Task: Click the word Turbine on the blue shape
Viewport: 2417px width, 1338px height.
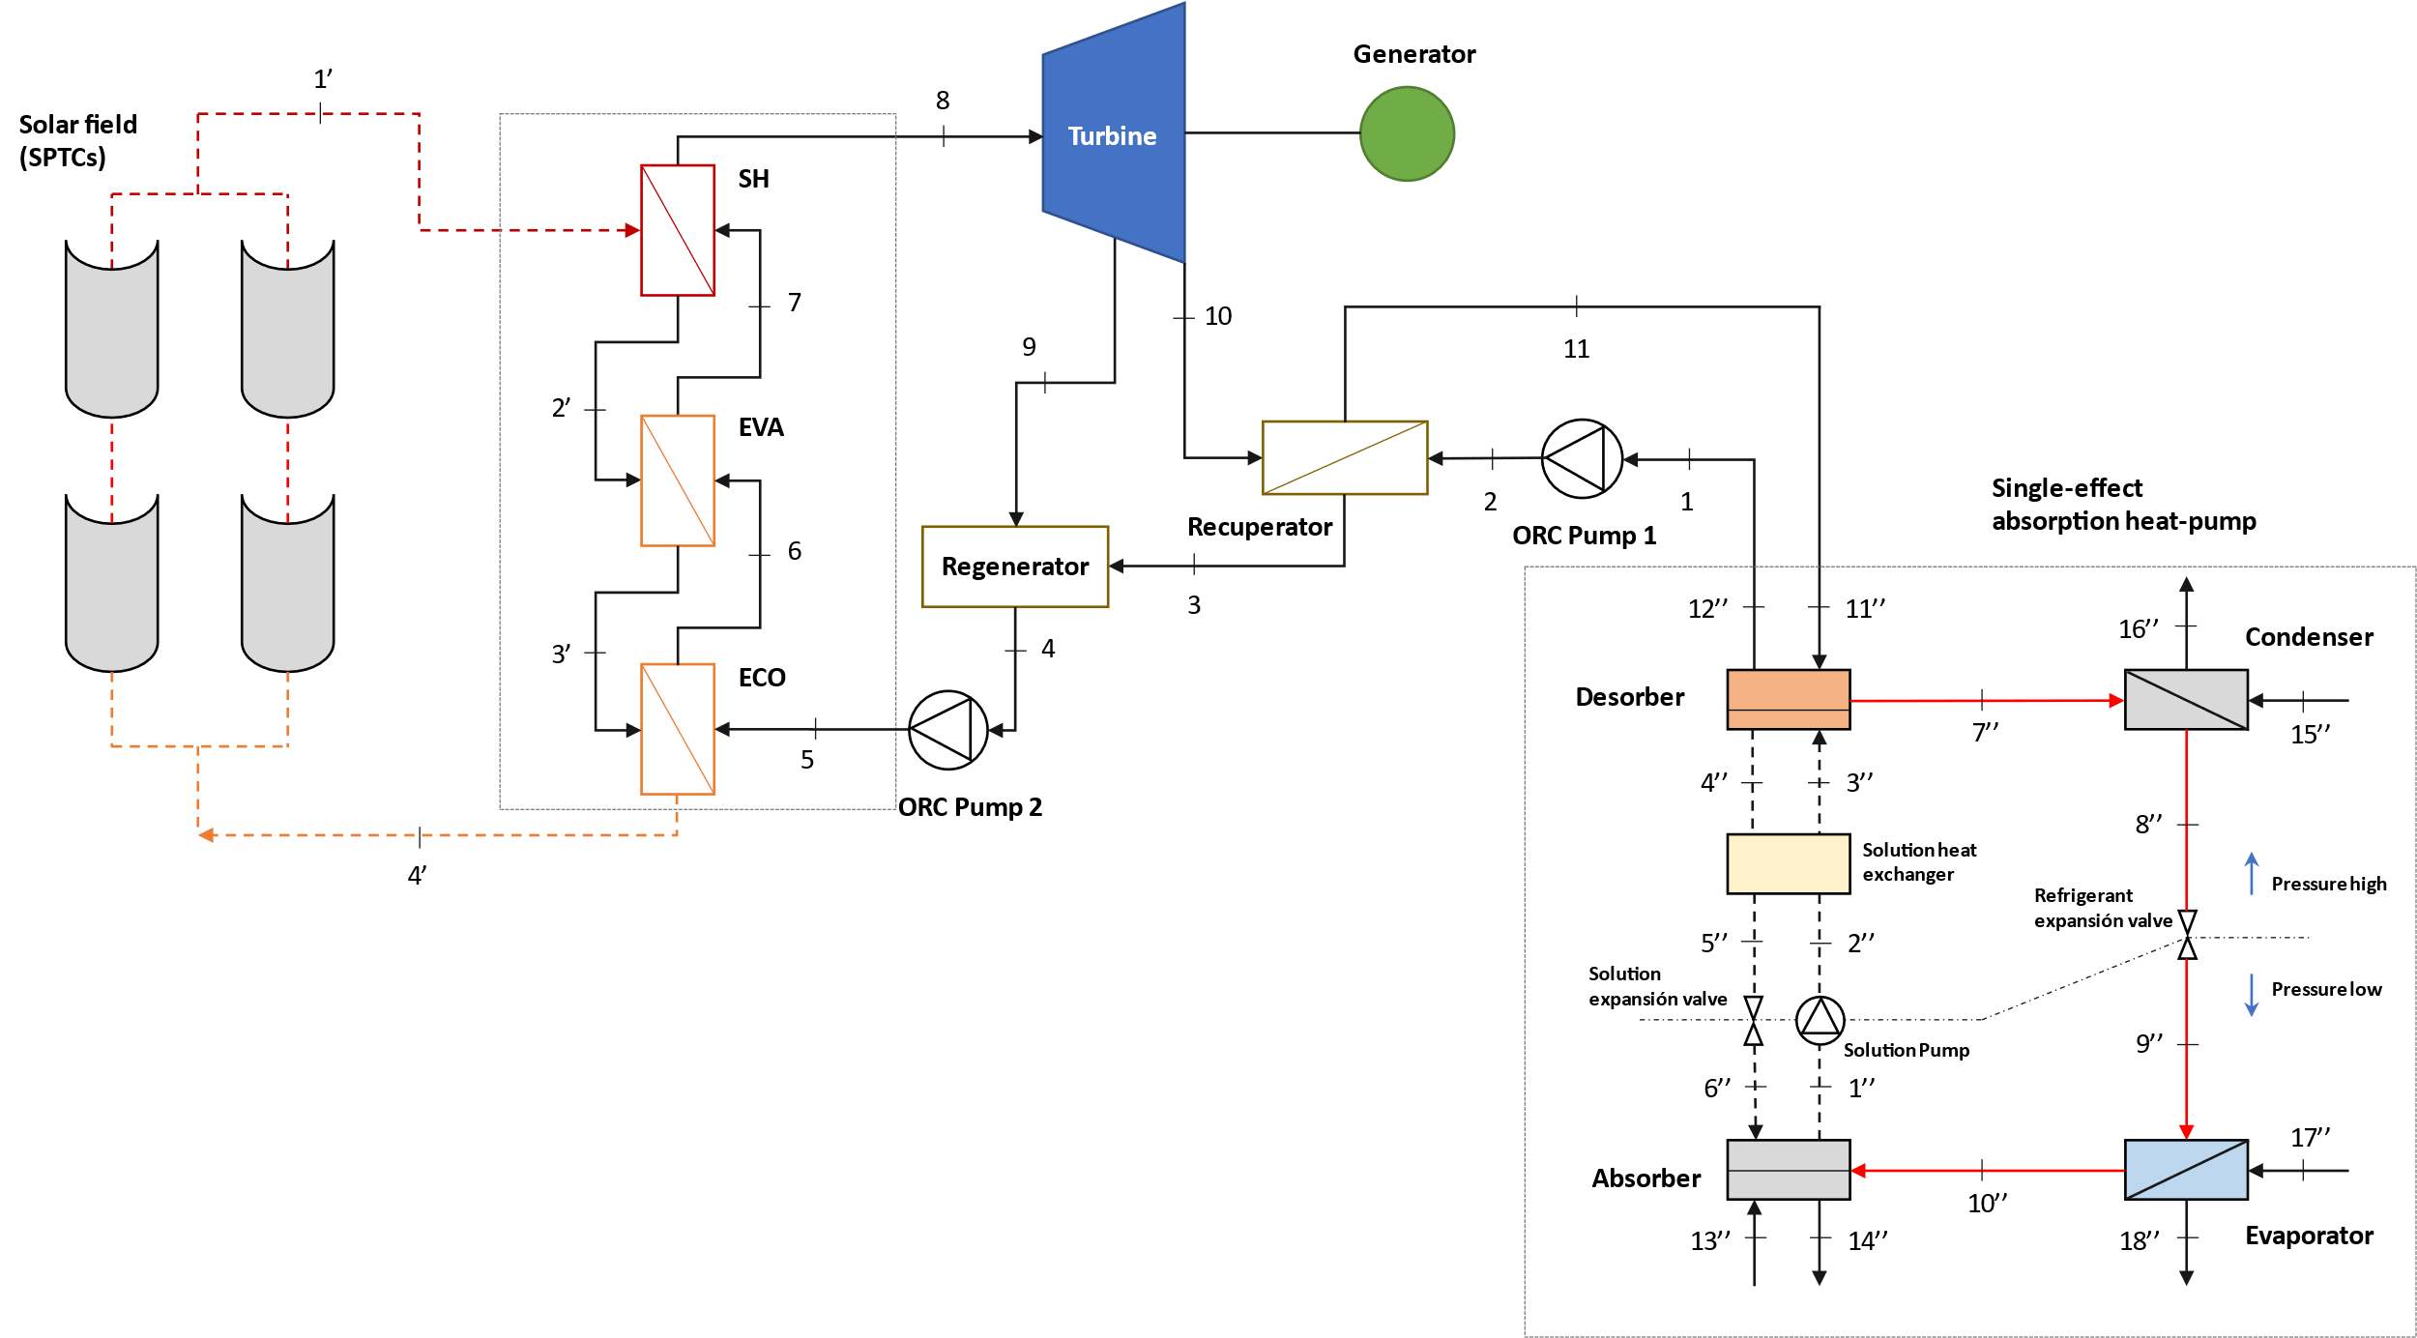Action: click(x=1112, y=136)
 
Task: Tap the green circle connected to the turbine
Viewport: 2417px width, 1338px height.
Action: click(x=1407, y=133)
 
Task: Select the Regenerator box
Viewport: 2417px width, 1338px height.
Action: click(x=1015, y=567)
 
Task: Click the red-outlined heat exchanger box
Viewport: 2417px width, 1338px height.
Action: click(x=678, y=230)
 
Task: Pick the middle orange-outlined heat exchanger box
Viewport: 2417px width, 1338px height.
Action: click(x=678, y=480)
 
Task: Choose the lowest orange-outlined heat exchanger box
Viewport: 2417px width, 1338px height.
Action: click(x=678, y=729)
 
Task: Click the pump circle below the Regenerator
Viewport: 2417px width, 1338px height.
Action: click(x=947, y=730)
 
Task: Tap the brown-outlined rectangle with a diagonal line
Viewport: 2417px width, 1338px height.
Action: click(x=1345, y=457)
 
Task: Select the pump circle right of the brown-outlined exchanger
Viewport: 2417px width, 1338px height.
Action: click(x=1582, y=459)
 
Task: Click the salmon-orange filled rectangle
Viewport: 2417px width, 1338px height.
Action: click(x=1788, y=699)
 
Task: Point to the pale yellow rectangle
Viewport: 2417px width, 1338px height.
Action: click(x=1788, y=863)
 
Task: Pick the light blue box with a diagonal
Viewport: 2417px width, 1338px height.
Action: click(x=2186, y=1170)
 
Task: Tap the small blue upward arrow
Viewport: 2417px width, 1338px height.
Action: click(x=2251, y=872)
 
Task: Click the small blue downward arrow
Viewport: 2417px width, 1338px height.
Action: click(x=2251, y=996)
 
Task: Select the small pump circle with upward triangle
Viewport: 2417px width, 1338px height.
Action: click(x=1820, y=1020)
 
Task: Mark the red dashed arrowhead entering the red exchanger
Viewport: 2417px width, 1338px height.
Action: click(x=632, y=230)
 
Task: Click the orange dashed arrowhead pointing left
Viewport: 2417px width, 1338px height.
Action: click(x=206, y=834)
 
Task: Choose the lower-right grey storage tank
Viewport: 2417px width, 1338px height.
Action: click(x=287, y=586)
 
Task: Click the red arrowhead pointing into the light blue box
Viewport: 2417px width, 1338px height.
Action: click(x=2186, y=1132)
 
